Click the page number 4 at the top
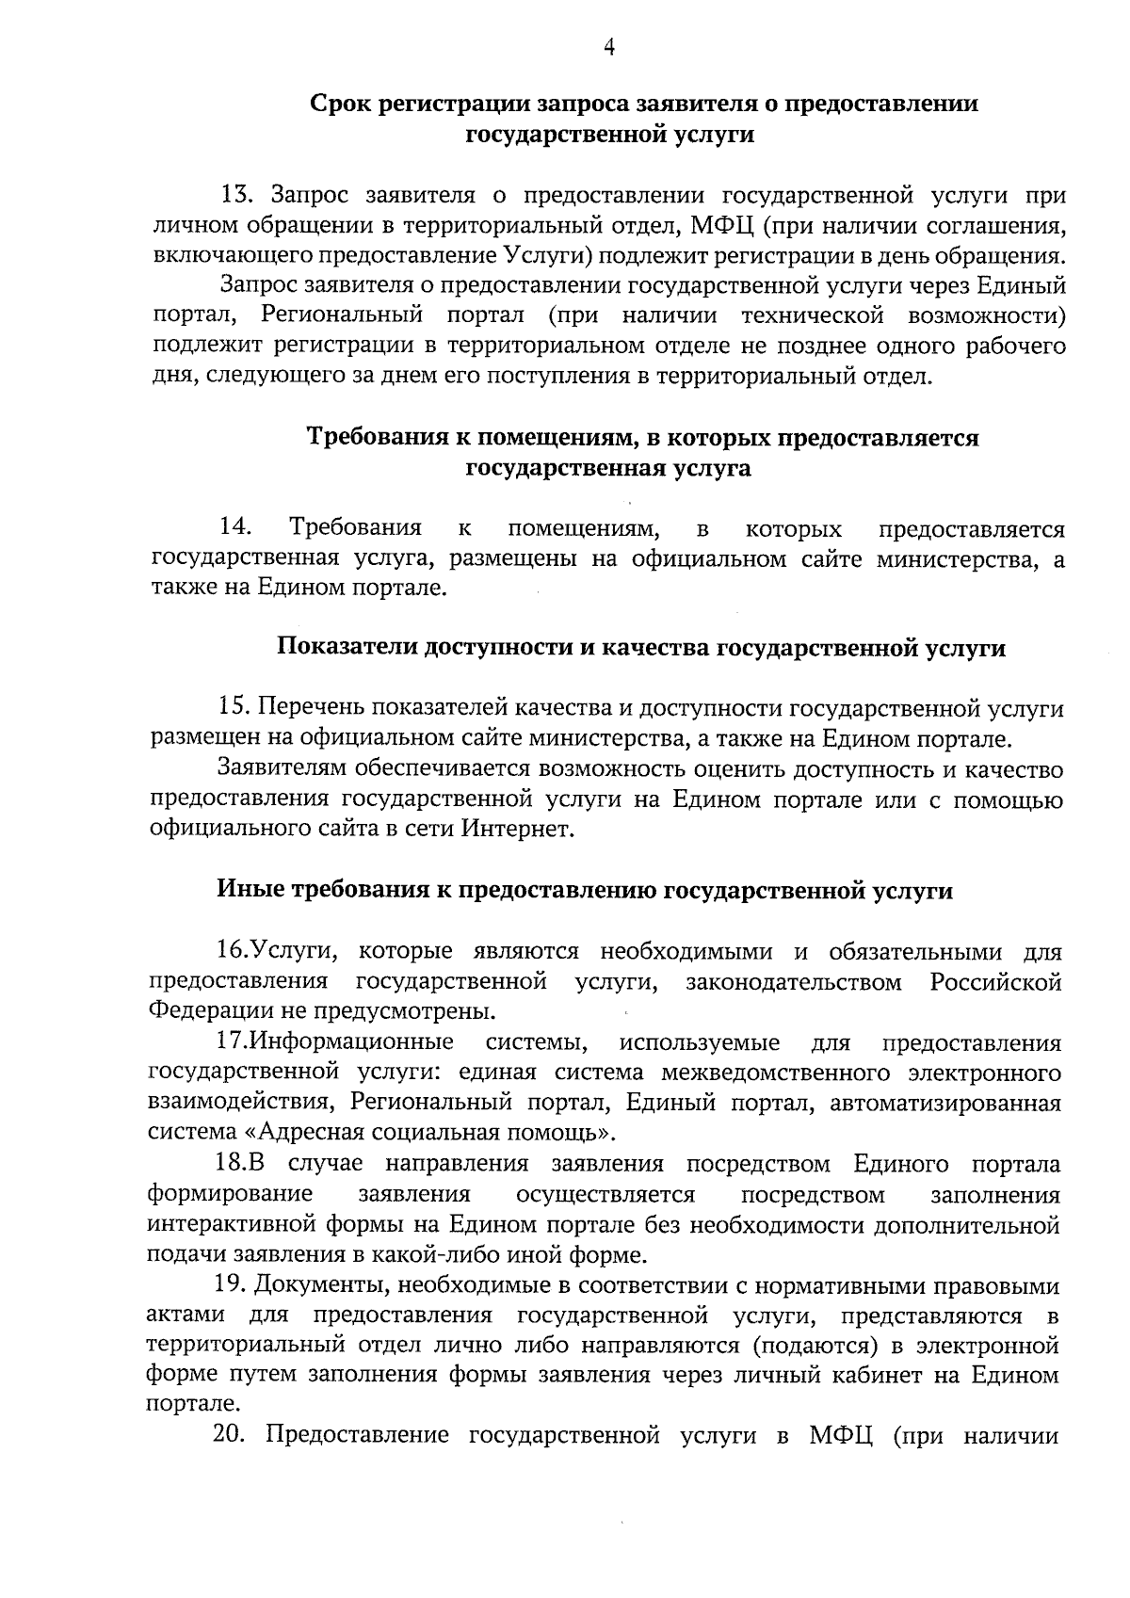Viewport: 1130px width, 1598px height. [x=609, y=48]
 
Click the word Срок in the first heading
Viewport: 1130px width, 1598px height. [x=341, y=104]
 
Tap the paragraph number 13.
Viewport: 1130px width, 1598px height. [x=236, y=196]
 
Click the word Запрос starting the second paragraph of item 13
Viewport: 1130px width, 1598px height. [x=255, y=286]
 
